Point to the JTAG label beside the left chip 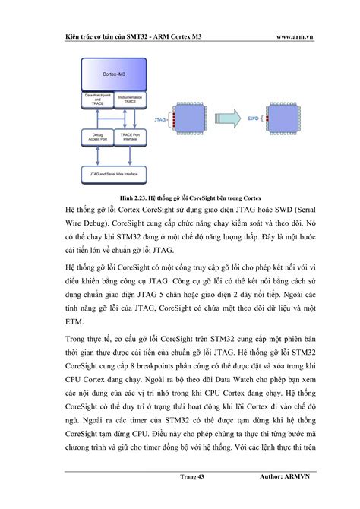(160, 119)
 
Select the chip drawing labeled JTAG (190, 119)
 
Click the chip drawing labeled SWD (287, 119)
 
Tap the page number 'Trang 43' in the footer (188, 476)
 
